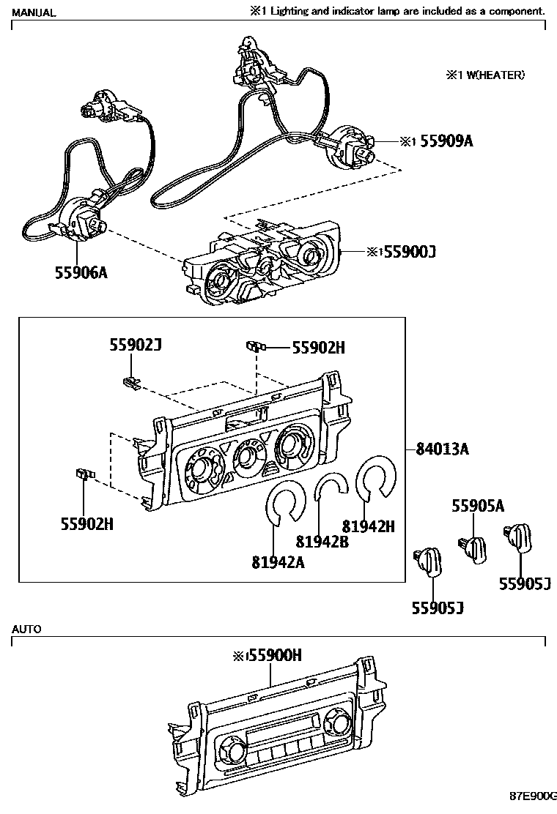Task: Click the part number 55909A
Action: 446,141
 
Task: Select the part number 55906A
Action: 81,272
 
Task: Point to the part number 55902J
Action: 136,345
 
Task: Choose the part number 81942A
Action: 278,562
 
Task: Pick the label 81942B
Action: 322,542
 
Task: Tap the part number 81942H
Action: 369,526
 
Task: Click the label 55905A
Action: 478,506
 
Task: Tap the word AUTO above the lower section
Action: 26,629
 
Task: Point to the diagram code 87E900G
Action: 534,796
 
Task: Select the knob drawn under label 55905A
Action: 474,547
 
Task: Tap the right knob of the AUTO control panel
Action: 338,722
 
